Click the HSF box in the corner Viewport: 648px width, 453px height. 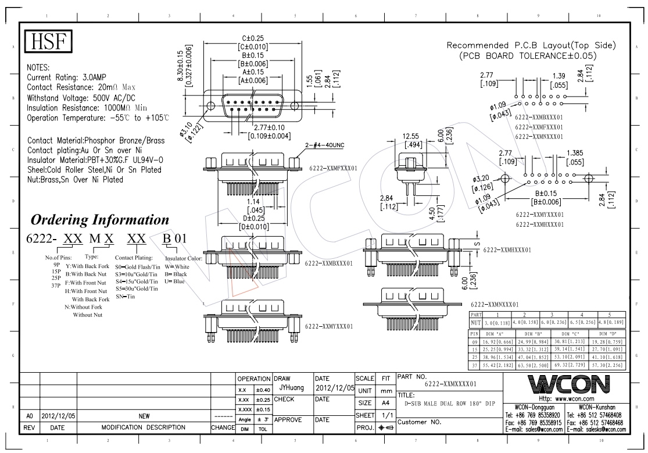[48, 41]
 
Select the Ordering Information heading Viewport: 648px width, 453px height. [100, 220]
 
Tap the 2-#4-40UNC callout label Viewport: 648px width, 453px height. [324, 145]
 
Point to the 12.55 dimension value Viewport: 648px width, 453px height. [411, 136]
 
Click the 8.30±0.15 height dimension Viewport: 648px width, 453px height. [180, 65]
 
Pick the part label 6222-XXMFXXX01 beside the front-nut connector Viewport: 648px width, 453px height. [333, 169]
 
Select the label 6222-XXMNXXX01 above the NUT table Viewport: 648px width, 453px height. [495, 305]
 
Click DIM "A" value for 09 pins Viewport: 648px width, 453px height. [497, 342]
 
